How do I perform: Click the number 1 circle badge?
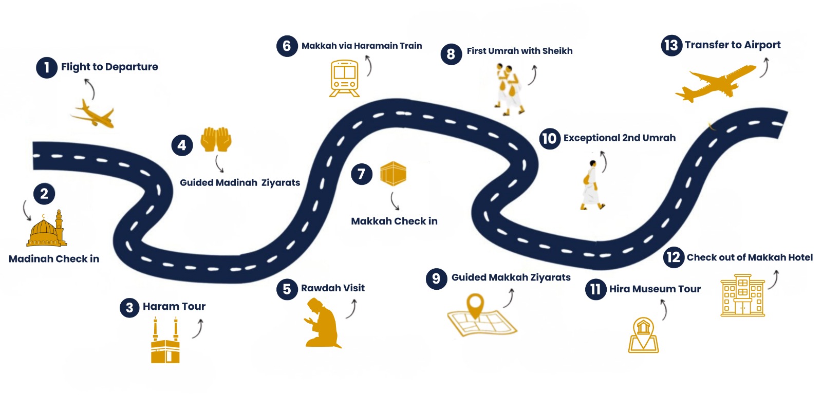(46, 67)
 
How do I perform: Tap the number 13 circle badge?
(671, 45)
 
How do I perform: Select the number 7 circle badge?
(362, 174)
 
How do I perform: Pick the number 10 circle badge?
(549, 138)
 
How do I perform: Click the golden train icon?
(345, 79)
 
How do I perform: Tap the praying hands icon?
(216, 139)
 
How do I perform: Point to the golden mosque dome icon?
(47, 229)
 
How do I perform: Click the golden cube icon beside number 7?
(393, 174)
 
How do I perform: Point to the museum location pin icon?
(643, 335)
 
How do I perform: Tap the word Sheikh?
(557, 51)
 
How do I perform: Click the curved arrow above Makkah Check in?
(395, 201)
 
